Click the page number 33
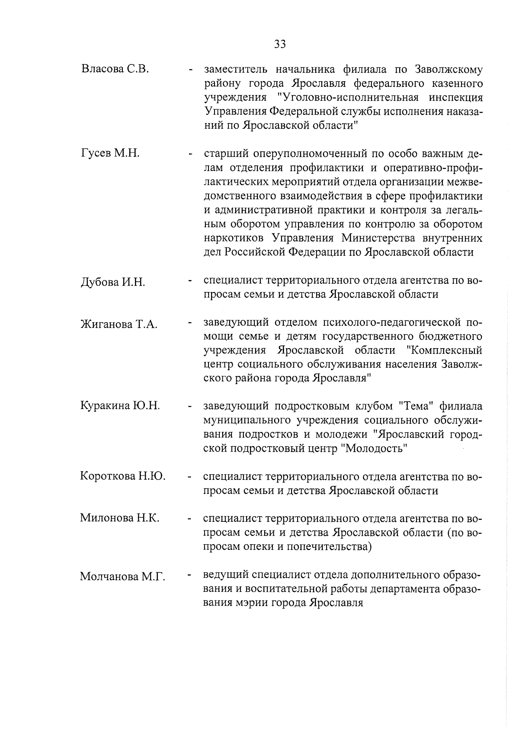tap(280, 44)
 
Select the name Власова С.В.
tap(115, 69)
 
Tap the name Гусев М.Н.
tap(110, 153)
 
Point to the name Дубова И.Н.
tap(113, 282)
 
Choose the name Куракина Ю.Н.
tap(120, 406)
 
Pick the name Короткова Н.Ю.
tap(123, 476)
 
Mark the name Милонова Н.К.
tap(120, 518)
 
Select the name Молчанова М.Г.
tap(123, 577)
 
